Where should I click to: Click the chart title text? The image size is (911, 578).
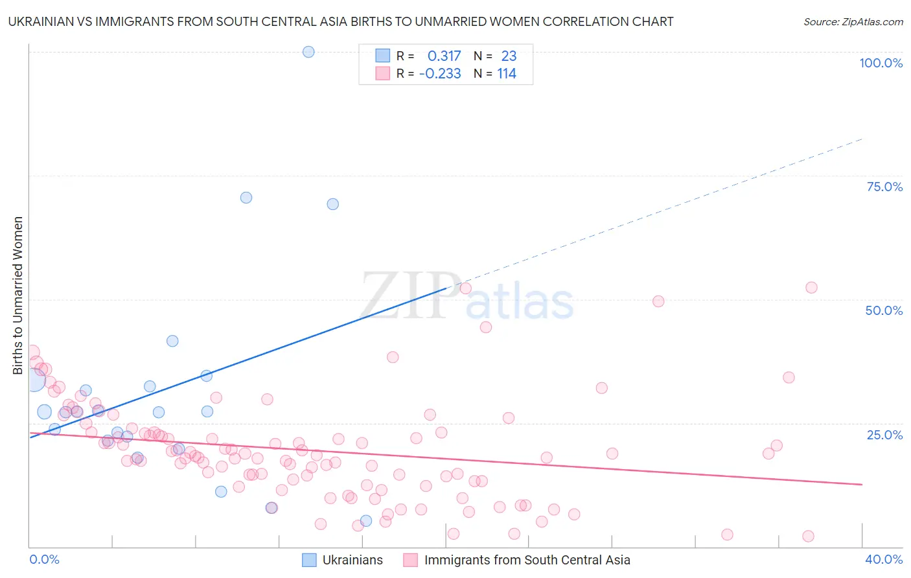pos(341,21)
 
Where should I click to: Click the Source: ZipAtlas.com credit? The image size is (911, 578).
pos(853,21)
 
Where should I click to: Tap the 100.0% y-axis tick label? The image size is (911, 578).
pos(881,63)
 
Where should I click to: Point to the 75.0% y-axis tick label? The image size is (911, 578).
pos(884,187)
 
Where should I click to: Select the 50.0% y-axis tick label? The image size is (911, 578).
pos(884,310)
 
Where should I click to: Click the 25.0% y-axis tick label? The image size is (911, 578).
pos(884,435)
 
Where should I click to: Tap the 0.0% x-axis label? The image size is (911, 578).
pos(44,559)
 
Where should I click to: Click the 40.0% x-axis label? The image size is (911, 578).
pos(883,559)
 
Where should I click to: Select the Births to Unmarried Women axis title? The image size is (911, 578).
pos(18,295)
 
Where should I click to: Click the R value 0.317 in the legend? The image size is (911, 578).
pos(444,56)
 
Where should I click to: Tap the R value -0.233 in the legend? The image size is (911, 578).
pos(440,74)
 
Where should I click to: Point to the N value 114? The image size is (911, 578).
pos(507,74)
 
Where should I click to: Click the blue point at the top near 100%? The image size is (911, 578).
pos(308,52)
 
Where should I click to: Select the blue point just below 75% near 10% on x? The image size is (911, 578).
pos(246,198)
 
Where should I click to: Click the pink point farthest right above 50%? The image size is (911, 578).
pos(811,288)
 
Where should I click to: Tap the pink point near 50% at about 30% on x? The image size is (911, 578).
pos(658,301)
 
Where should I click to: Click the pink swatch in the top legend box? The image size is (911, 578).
pos(383,74)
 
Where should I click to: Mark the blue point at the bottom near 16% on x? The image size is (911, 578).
pos(366,520)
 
